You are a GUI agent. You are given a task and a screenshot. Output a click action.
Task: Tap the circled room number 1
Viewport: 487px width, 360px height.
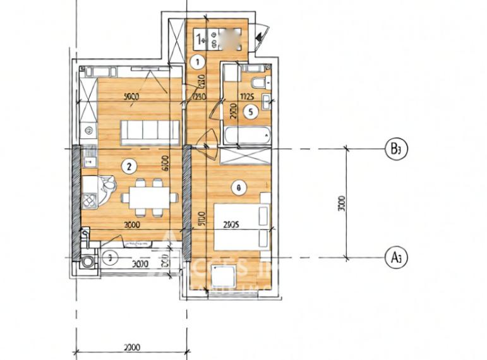tap(197, 62)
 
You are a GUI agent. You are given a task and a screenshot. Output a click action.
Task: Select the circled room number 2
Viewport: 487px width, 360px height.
tap(129, 167)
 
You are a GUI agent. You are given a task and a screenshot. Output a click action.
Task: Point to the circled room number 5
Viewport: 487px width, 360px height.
tap(250, 113)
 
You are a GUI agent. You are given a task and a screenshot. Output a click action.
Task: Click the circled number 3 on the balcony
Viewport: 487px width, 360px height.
tap(109, 257)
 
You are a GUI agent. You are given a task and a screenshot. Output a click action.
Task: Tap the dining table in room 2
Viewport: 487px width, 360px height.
tap(149, 197)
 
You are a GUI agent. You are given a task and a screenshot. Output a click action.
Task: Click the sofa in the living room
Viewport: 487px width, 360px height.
tap(150, 131)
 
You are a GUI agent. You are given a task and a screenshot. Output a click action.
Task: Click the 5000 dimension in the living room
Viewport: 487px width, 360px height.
tap(131, 97)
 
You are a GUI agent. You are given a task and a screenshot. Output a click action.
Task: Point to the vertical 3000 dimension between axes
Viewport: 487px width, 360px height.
tap(342, 203)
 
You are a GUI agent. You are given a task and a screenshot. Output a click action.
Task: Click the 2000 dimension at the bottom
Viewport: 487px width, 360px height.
tap(131, 347)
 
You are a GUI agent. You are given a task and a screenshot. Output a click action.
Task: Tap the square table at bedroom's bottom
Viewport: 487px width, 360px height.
tap(224, 275)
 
